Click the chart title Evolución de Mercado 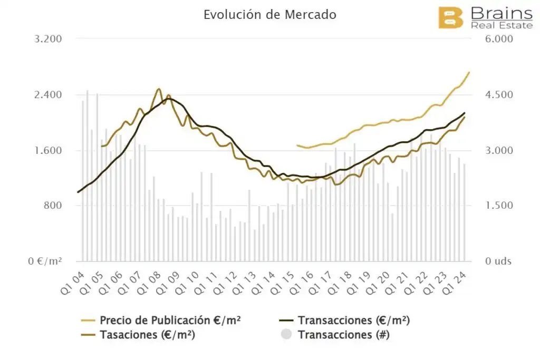pos(269,15)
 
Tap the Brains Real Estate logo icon pos(451,17)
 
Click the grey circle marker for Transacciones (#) pos(286,334)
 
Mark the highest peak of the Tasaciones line pos(159,89)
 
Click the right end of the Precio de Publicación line pos(469,72)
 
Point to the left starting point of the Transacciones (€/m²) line pos(78,192)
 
